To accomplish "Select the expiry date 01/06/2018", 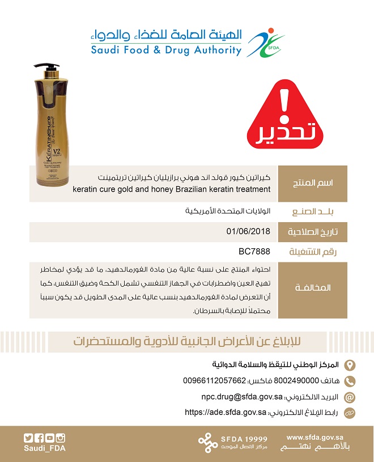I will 248,231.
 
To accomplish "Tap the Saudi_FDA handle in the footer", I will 44,448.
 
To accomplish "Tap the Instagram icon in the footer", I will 61,438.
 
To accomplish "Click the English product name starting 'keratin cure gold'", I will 172,189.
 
